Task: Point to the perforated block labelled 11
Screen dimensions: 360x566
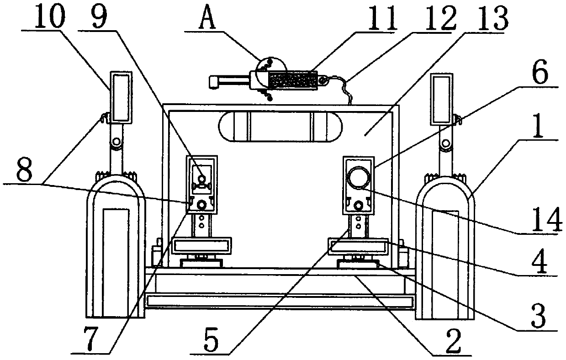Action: click(292, 80)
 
